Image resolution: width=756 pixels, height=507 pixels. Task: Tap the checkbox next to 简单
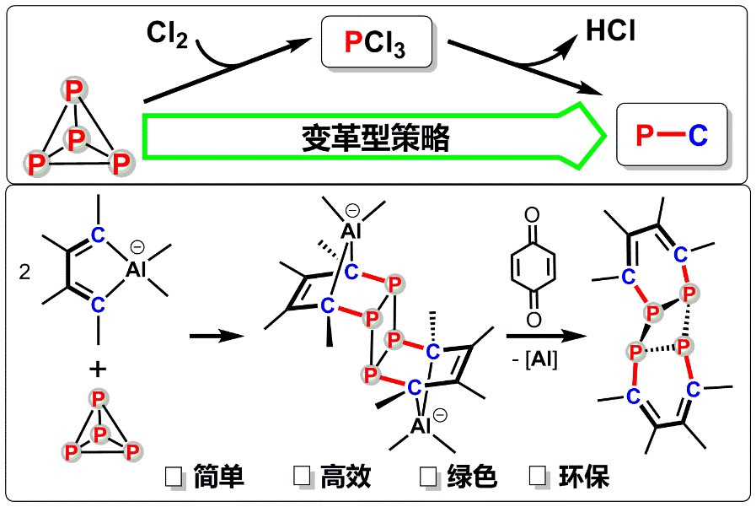pos(174,477)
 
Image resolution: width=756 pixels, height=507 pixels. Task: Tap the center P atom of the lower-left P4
pos(100,433)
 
